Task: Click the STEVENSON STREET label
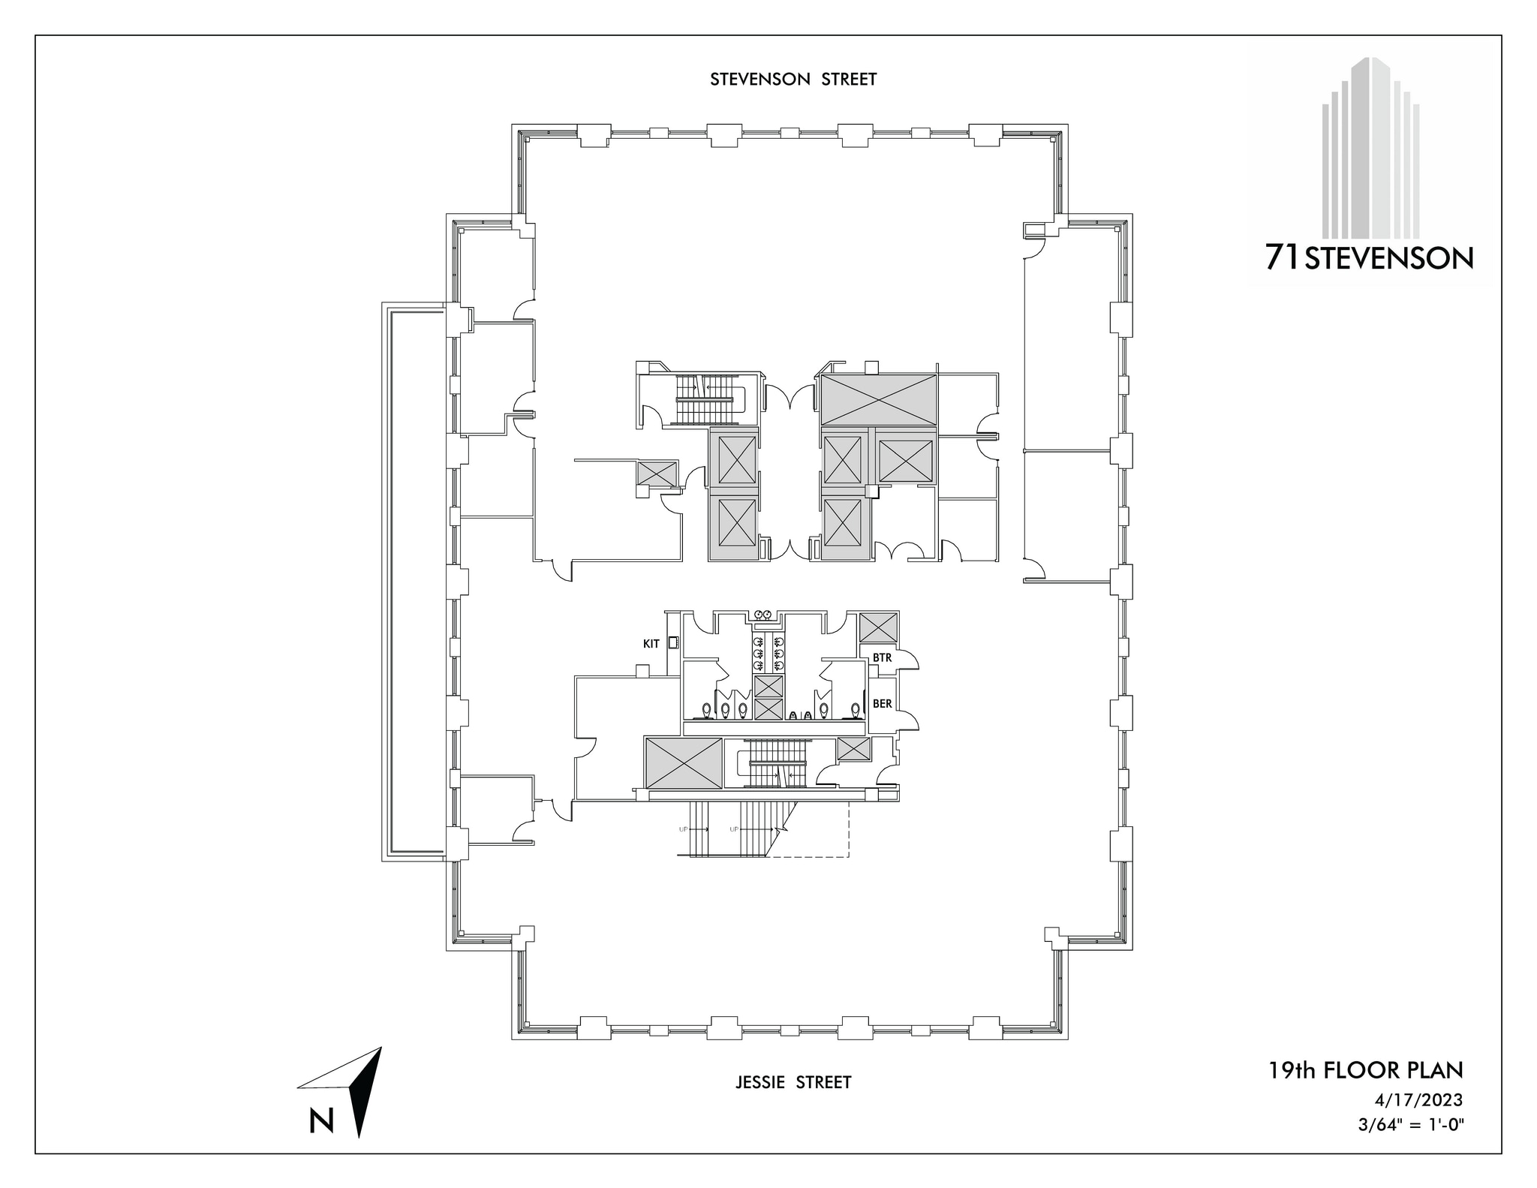793,80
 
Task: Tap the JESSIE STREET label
793,1081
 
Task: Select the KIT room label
651,643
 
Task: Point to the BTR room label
882,658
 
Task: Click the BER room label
882,704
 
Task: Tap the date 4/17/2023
1418,1100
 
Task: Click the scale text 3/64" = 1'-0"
1411,1126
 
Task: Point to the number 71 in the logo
1283,258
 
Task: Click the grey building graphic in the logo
1370,150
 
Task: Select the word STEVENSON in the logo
1389,259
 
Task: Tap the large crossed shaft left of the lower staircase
684,762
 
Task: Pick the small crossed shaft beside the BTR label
878,627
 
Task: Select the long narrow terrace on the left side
414,582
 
